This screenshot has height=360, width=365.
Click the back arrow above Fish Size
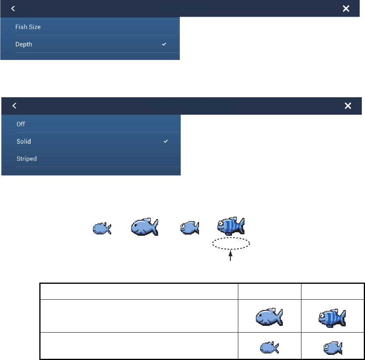click(13, 8)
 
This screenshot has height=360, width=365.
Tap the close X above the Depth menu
click(346, 8)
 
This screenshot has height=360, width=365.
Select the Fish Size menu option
click(28, 27)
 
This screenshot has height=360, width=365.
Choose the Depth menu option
click(24, 44)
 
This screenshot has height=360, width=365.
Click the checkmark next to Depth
click(164, 44)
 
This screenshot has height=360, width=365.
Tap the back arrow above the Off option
click(14, 106)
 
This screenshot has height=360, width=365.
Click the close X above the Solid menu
click(348, 106)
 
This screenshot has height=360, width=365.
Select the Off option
click(21, 124)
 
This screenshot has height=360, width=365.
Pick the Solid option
click(23, 141)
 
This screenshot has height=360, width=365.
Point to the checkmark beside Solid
click(166, 141)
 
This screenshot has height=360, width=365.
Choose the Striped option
click(27, 159)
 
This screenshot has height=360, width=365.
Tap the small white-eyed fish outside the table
click(189, 228)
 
